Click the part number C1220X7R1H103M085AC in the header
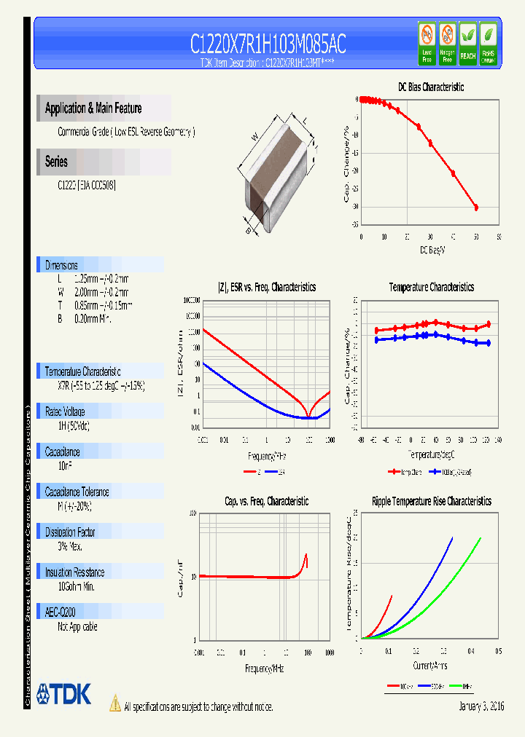pos(268,44)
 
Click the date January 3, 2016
pos(481,706)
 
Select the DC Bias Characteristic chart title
pos(430,87)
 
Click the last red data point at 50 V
pos(476,208)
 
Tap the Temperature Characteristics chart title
pos(431,287)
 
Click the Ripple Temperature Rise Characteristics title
pos(431,501)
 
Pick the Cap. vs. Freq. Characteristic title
pos(266,501)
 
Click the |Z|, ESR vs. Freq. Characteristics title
pos(267,287)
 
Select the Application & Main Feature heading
pos(93,109)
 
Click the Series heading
pos(56,162)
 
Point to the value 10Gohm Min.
pos(76,586)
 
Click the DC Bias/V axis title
pos(432,250)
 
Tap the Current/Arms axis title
pos(431,665)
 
